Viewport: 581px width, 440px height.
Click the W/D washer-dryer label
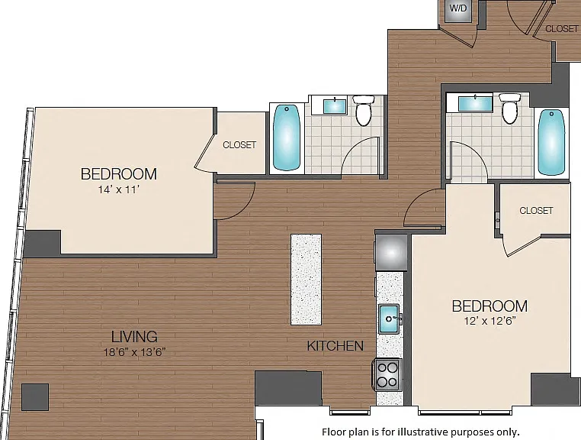(x=458, y=8)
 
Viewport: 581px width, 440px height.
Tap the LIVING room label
(x=134, y=337)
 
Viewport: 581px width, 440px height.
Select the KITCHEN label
(x=335, y=346)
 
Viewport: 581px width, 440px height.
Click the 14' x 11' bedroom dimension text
(x=119, y=189)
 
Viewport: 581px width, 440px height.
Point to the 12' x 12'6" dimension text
(x=490, y=321)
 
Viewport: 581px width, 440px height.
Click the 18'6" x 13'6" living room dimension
(x=134, y=352)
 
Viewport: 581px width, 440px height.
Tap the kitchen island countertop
(x=306, y=280)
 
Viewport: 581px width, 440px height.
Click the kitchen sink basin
(x=389, y=319)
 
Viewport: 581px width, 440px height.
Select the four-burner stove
(x=387, y=374)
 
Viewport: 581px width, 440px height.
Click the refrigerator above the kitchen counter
(x=391, y=252)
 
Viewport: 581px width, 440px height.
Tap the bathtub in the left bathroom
(x=287, y=137)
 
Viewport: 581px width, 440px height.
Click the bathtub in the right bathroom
(x=552, y=142)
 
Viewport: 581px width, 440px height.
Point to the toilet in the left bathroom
(x=364, y=110)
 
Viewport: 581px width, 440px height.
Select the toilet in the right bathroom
(x=510, y=108)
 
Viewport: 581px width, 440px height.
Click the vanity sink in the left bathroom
(x=335, y=106)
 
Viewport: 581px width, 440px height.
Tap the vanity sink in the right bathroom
(x=475, y=103)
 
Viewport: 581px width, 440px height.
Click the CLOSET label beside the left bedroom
(x=239, y=145)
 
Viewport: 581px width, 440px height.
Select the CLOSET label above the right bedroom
(x=536, y=211)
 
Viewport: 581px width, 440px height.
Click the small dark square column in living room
(x=35, y=397)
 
